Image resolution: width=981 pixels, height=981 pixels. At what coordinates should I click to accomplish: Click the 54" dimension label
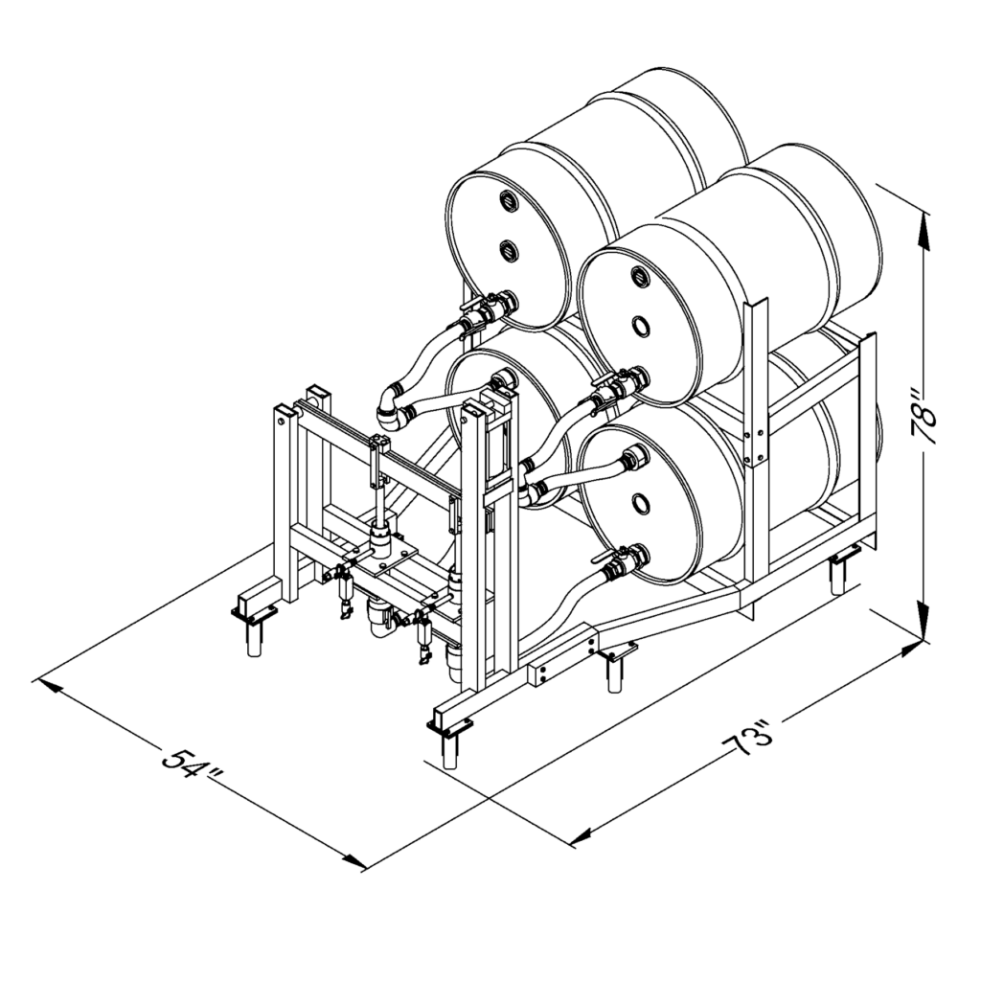pyautogui.click(x=192, y=764)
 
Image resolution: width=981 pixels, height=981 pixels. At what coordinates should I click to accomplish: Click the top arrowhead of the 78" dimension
pyautogui.click(x=924, y=218)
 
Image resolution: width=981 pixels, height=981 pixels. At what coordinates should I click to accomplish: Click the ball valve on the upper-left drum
pyautogui.click(x=478, y=312)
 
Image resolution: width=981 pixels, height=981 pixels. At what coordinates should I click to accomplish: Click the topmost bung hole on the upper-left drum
pyautogui.click(x=505, y=199)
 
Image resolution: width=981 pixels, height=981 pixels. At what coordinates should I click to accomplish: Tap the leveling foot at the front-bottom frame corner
pyautogui.click(x=449, y=738)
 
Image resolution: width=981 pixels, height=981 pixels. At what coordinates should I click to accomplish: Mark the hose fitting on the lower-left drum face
pyautogui.click(x=505, y=380)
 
